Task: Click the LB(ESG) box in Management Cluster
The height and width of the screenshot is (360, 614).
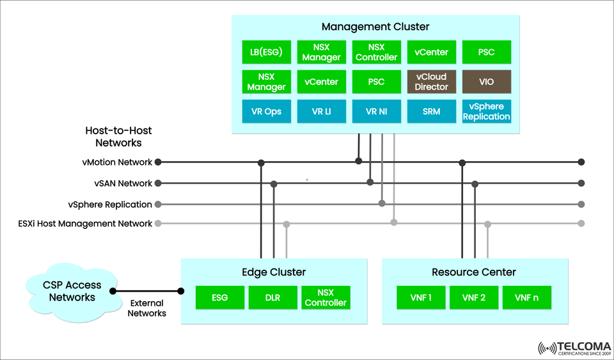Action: pos(267,52)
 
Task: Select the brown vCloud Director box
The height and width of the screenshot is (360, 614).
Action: pos(432,82)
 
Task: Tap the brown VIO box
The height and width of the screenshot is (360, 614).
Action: pos(486,82)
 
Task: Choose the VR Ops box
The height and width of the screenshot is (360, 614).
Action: pos(267,111)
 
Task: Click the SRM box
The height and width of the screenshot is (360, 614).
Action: pos(432,111)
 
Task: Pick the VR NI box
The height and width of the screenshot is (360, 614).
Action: pos(376,111)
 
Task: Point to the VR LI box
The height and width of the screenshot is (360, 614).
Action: pos(321,111)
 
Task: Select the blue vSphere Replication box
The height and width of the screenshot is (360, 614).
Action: pos(486,111)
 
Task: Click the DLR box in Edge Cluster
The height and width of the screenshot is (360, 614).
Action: pos(273,297)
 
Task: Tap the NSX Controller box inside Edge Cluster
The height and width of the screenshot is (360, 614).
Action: pos(326,297)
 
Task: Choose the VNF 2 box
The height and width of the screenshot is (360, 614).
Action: pos(474,297)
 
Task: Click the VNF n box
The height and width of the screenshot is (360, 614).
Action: pos(527,297)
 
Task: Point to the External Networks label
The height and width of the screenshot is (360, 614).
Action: pos(146,308)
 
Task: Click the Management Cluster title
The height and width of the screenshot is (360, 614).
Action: pos(375,27)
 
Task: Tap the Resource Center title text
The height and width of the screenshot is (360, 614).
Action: pos(474,272)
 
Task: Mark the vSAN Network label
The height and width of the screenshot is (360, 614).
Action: pos(123,184)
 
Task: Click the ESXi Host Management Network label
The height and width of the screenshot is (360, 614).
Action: pos(86,224)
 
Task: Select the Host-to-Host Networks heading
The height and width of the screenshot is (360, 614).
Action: pos(118,136)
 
